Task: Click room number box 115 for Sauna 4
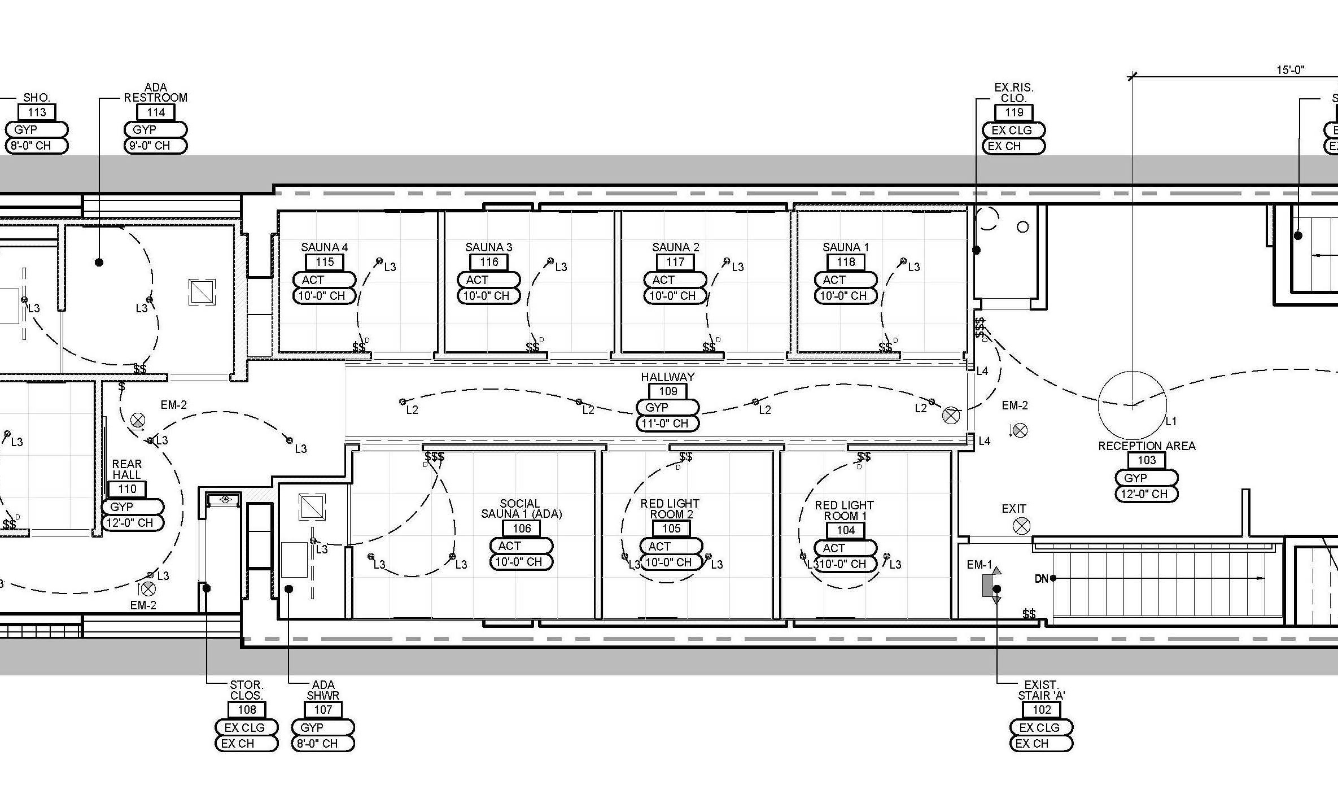tap(325, 262)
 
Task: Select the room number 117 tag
tap(675, 262)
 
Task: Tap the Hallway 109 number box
tap(668, 391)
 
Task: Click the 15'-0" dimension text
tap(1291, 70)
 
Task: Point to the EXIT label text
tap(1014, 509)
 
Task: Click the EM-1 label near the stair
tap(979, 565)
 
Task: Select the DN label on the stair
tap(1041, 578)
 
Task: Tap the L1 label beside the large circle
tap(1171, 421)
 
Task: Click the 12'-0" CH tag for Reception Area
tap(1146, 494)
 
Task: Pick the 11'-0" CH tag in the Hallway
tap(667, 424)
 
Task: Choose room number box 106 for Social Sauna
tap(522, 529)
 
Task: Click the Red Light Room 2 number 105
tap(671, 529)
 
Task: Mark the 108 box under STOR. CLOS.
tap(247, 710)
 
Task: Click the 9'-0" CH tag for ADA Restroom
tap(155, 146)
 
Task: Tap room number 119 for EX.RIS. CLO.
tap(1014, 112)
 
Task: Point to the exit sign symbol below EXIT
tap(1021, 527)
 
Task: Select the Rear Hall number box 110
tap(127, 489)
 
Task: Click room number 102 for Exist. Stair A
tap(1042, 710)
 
